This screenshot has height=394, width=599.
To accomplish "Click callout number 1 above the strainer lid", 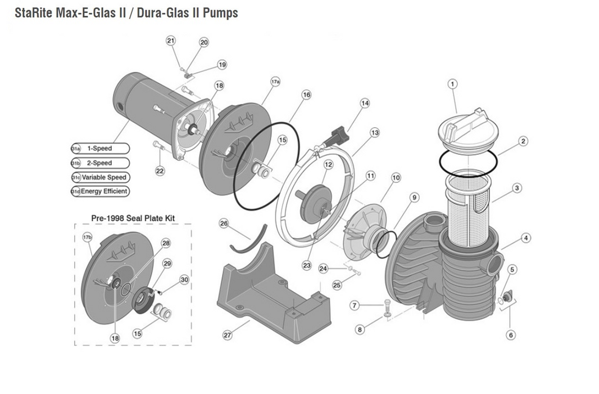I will pos(452,84).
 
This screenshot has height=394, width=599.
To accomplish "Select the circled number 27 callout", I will pos(228,335).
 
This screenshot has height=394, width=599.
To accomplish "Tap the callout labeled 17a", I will pos(275,82).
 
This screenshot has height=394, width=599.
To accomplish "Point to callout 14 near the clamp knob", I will pos(365,103).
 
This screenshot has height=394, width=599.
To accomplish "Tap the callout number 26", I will pos(224,223).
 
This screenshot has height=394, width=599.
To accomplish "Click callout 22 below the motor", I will pos(160,171).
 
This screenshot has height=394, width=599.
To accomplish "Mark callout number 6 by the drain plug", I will pos(511,335).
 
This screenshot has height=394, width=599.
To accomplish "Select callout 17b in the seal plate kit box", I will pos(87,237).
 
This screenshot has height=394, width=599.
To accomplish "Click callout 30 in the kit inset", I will pos(184,280).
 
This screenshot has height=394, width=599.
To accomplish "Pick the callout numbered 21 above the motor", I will pos(171,40).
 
